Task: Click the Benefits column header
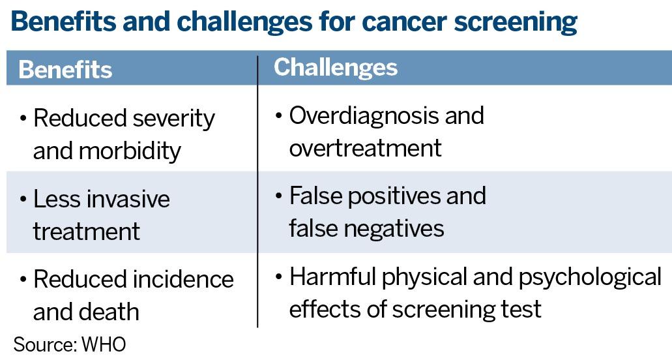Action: [65, 69]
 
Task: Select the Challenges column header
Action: [336, 68]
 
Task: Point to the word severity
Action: [173, 119]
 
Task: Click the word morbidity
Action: [130, 151]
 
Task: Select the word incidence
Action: [184, 279]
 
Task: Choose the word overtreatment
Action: [366, 148]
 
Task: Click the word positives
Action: [394, 196]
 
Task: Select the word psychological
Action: [590, 277]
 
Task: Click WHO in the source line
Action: [104, 344]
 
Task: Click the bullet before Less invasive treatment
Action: [23, 200]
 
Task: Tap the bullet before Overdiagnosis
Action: [279, 115]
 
